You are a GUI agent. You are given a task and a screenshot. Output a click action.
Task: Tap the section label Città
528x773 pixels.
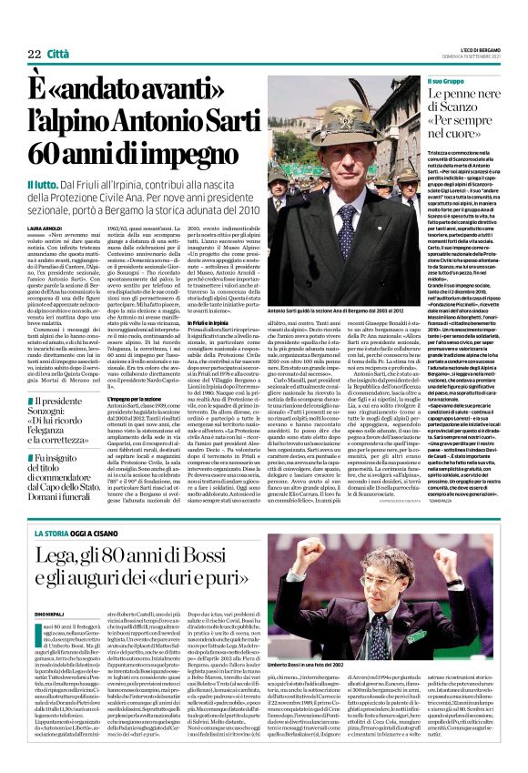pos(57,28)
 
